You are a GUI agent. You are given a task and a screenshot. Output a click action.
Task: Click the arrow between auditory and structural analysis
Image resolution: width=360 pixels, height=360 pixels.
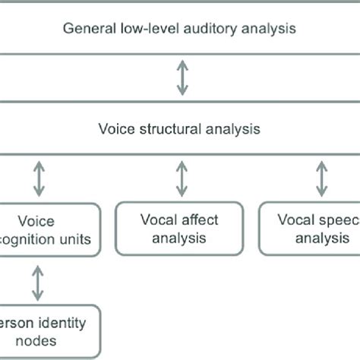[181, 78]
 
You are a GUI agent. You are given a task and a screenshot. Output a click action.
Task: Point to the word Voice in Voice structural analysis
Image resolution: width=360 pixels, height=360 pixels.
[115, 129]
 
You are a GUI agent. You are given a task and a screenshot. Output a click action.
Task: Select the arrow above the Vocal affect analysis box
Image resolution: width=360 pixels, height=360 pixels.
[181, 178]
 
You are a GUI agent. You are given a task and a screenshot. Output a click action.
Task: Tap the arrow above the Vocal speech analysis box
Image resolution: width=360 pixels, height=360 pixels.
[322, 178]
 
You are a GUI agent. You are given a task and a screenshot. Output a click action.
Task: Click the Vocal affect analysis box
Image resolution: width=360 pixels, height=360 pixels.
[180, 228]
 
